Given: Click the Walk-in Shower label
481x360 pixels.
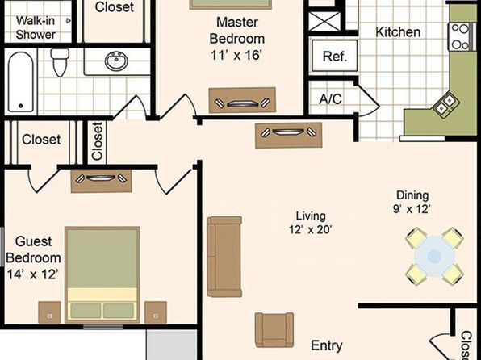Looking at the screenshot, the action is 36,27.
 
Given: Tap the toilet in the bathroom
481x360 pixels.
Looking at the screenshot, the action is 60,61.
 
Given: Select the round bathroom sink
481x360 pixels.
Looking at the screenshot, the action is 116,61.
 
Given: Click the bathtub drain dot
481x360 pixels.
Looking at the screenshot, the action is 20,106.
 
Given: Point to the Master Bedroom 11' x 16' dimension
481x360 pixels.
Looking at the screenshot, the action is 236,56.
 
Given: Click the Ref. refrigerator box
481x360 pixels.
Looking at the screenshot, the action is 335,56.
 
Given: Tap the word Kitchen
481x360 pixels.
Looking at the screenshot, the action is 398,32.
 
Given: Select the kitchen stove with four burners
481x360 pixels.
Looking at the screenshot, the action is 460,37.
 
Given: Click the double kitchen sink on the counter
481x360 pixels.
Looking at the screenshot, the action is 445,104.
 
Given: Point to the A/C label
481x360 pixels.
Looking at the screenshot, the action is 330,99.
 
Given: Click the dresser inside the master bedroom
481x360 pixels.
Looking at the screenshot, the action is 242,100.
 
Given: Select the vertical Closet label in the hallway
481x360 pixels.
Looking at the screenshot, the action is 97,141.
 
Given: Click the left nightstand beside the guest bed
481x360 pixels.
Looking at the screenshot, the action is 49,312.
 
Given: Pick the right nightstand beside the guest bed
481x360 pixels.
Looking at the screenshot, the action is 156,312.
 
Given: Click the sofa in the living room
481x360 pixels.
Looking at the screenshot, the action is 224,257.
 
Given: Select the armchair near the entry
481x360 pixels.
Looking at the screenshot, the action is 274,330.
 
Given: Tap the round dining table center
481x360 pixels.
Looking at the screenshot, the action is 434,256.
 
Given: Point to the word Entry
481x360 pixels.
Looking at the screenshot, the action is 327,346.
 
